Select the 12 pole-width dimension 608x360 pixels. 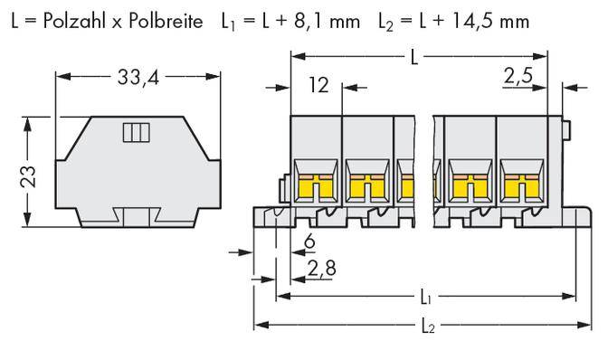point(317,87)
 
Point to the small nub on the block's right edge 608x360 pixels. point(566,131)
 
